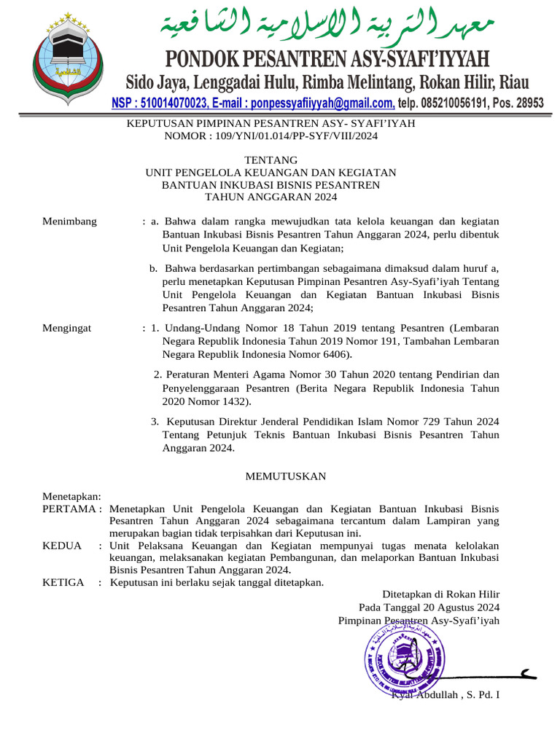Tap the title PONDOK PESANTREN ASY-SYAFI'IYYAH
[x=327, y=58]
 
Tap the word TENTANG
[x=271, y=160]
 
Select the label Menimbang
[x=70, y=221]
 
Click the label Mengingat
[x=68, y=329]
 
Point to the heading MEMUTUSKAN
[x=285, y=476]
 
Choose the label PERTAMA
[x=69, y=508]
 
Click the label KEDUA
[x=62, y=546]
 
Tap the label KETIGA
[x=64, y=582]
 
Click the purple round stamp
[x=405, y=659]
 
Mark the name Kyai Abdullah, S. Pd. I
[x=445, y=695]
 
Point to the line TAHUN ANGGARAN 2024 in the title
[x=271, y=197]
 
